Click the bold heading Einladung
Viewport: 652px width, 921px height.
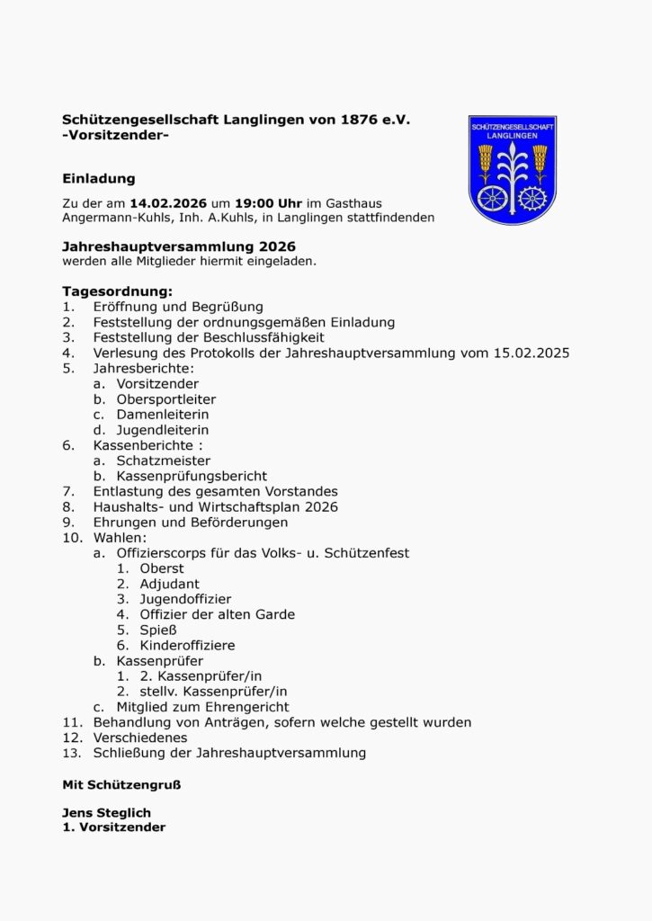[x=99, y=178]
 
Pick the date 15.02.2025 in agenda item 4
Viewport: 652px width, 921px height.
[x=531, y=353]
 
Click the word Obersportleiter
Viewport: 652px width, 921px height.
[x=166, y=399]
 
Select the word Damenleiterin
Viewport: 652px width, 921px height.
[x=163, y=415]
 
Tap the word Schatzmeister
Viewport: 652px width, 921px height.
[x=164, y=460]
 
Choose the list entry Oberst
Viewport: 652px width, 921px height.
[x=162, y=568]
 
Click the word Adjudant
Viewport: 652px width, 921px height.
[x=170, y=584]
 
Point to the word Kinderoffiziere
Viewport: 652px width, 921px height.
[x=188, y=645]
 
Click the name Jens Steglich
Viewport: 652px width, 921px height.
[x=106, y=813]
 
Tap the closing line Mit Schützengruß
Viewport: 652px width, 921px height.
[x=121, y=784]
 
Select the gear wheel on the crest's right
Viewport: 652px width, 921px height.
[x=533, y=198]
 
